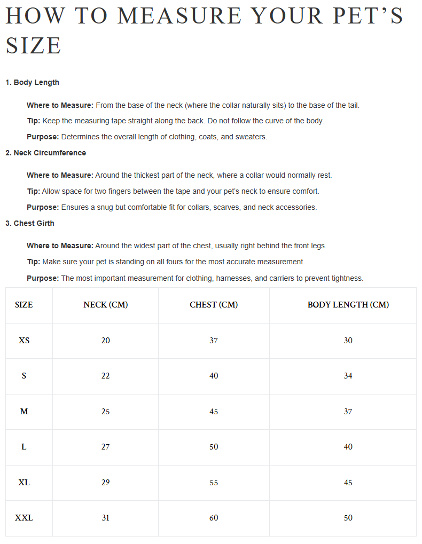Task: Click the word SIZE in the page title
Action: click(x=34, y=46)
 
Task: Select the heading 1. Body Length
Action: click(x=32, y=82)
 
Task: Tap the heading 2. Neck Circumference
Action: click(x=45, y=153)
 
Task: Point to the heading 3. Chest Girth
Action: click(x=30, y=223)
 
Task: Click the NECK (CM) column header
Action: click(x=106, y=305)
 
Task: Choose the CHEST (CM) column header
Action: click(x=214, y=305)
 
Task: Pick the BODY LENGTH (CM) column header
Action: click(x=348, y=305)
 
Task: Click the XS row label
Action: click(x=24, y=340)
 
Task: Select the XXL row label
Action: click(x=24, y=517)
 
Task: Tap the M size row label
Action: click(x=24, y=411)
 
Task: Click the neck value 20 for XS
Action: click(x=106, y=340)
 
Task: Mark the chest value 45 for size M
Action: click(x=214, y=411)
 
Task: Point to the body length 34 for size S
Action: click(x=348, y=376)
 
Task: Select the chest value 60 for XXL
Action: click(x=214, y=517)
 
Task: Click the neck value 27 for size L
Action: click(x=106, y=447)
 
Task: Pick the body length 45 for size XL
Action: click(x=348, y=482)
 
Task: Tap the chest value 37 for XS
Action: click(x=214, y=340)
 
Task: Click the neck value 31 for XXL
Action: click(x=106, y=517)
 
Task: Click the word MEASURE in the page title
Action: click(x=179, y=16)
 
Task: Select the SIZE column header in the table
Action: click(x=24, y=305)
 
